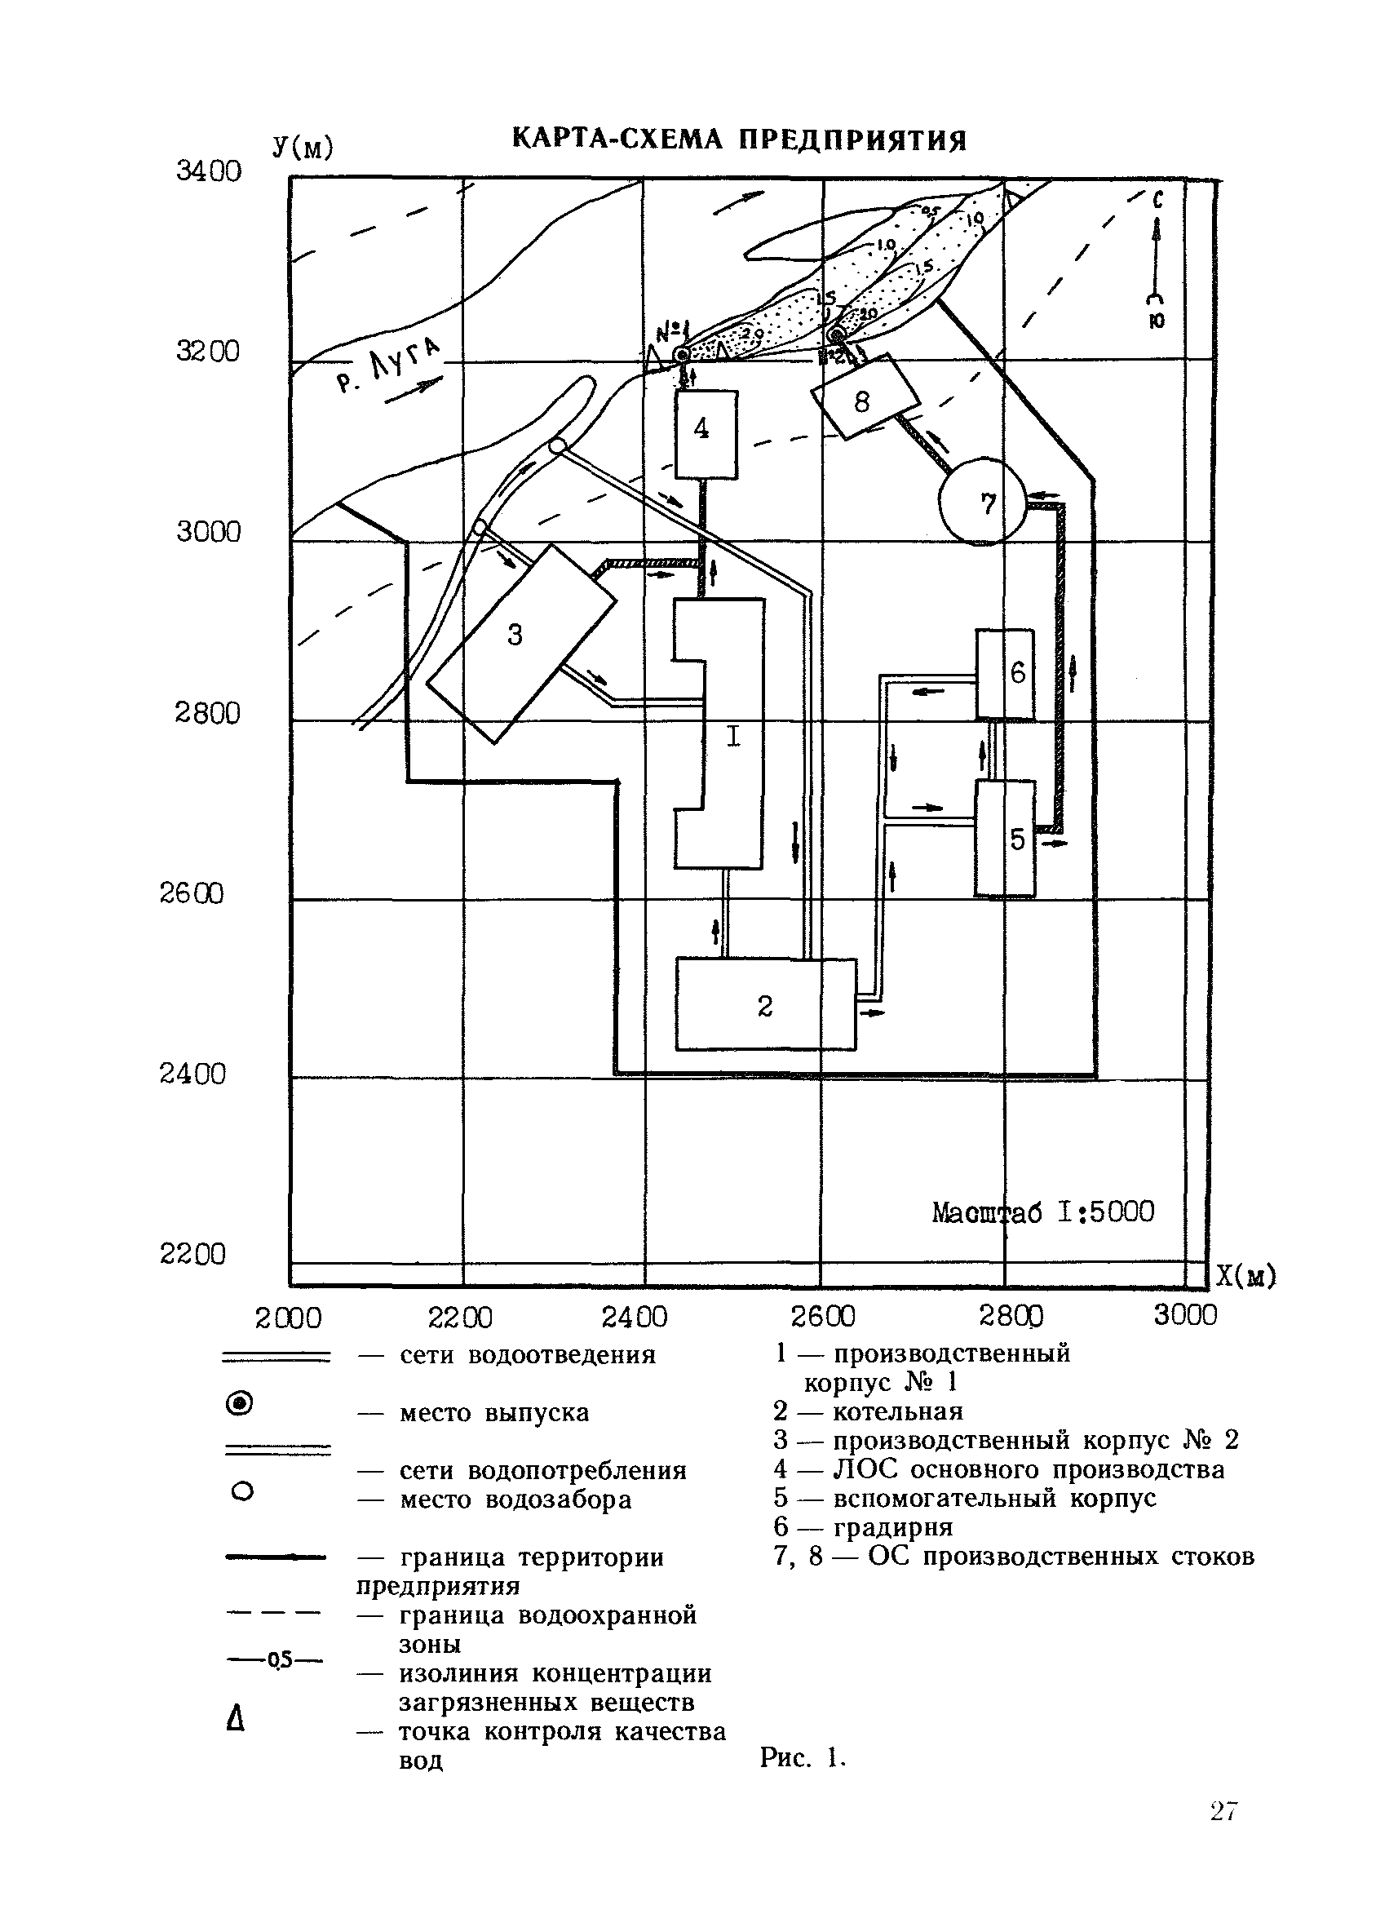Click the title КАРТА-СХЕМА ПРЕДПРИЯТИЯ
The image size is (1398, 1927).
(x=739, y=140)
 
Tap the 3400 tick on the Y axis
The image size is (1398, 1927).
(x=209, y=171)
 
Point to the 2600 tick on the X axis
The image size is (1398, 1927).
(x=822, y=1316)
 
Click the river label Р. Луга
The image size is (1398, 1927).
(x=389, y=366)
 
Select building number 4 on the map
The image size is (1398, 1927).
(x=705, y=433)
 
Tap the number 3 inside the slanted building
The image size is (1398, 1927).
(x=515, y=635)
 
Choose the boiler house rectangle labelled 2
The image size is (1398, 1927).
(x=764, y=1005)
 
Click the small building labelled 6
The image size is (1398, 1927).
(x=1005, y=675)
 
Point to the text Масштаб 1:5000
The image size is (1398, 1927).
(x=1043, y=1212)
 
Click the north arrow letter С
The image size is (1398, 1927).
(x=1157, y=202)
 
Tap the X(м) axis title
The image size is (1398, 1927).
(x=1246, y=1277)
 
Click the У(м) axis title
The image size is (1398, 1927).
(x=303, y=148)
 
